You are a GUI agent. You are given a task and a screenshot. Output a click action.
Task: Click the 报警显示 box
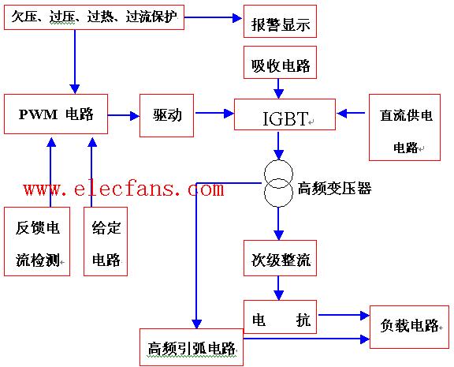[x=280, y=21]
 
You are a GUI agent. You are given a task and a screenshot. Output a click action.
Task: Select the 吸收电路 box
[x=280, y=62]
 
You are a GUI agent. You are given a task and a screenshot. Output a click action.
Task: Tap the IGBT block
[x=285, y=114]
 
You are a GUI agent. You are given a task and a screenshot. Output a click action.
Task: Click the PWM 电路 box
[x=56, y=114]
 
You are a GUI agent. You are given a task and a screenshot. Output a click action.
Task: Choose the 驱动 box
[x=166, y=115]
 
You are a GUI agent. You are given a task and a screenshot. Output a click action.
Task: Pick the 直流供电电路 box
[x=404, y=127]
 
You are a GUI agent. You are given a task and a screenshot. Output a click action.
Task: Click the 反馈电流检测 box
[x=37, y=242]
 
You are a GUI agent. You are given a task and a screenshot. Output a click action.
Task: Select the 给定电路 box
[x=106, y=242]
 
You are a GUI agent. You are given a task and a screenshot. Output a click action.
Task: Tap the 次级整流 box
[x=280, y=258]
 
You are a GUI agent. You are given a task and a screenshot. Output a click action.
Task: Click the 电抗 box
[x=280, y=316]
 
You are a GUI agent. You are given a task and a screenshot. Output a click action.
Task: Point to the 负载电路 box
[x=409, y=327]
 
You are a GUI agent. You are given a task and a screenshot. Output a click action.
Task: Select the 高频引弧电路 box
[x=192, y=347]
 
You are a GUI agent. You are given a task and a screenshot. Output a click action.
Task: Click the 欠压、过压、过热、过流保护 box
[x=94, y=17]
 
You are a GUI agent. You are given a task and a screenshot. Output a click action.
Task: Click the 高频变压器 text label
[x=334, y=189]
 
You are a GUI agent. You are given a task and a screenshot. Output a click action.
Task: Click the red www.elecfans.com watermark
[x=124, y=189]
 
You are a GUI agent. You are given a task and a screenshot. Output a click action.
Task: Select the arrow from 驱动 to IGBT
[x=215, y=113]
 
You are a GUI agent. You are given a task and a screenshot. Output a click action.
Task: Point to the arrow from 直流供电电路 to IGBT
[x=351, y=113]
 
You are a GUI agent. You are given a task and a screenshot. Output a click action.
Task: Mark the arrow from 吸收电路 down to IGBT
[x=278, y=88]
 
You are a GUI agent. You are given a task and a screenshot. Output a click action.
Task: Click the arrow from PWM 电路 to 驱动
[x=124, y=115]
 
